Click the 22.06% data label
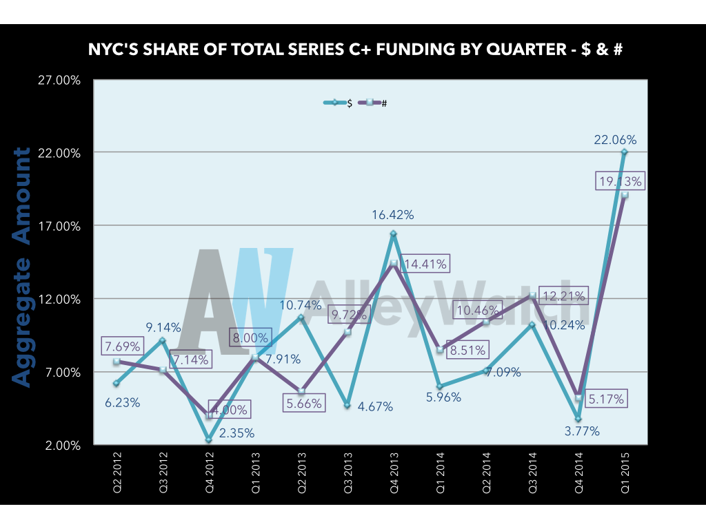[616, 140]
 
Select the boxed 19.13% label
[620, 182]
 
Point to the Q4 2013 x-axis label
[394, 473]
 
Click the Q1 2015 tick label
[625, 473]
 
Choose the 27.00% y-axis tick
[59, 80]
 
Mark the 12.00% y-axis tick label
[59, 300]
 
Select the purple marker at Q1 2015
[625, 195]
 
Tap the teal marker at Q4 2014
[578, 419]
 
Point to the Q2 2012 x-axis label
[117, 473]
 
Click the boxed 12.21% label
[563, 297]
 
